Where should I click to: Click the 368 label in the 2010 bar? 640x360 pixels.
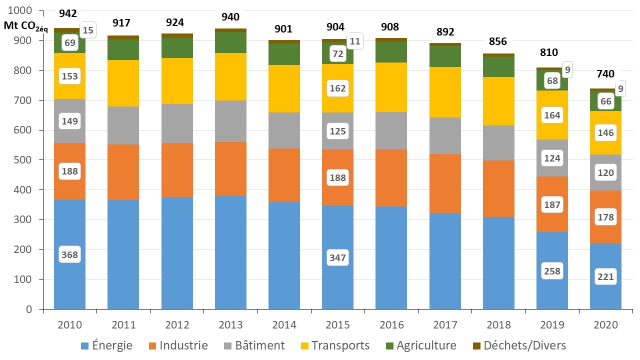pyautogui.click(x=70, y=255)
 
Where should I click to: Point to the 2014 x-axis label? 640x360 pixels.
pyautogui.click(x=284, y=325)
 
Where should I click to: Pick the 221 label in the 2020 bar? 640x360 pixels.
pyautogui.click(x=605, y=277)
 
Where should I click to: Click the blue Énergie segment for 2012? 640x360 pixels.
pyautogui.click(x=177, y=252)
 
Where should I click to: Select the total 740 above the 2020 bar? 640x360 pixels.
pyautogui.click(x=605, y=74)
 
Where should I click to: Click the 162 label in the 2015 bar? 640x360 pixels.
pyautogui.click(x=338, y=88)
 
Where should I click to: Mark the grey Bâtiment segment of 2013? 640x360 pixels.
pyautogui.click(x=230, y=121)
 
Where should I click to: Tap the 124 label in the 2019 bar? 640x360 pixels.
pyautogui.click(x=552, y=158)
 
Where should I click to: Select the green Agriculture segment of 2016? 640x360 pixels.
pyautogui.click(x=391, y=52)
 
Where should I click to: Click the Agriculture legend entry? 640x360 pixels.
pyautogui.click(x=419, y=345)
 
